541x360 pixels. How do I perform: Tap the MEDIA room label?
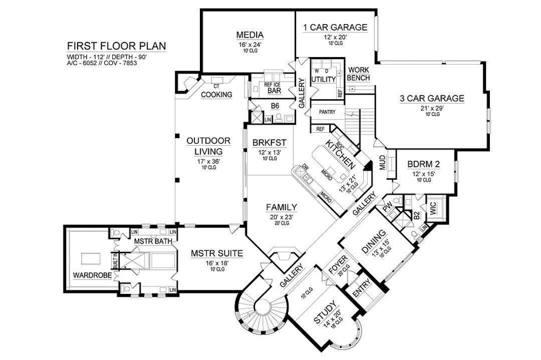tap(250, 35)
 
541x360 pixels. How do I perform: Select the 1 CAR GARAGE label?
tap(335, 28)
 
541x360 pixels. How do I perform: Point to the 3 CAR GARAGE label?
tap(432, 98)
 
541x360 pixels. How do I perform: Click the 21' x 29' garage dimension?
tap(432, 108)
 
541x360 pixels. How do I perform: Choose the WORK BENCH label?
tap(359, 74)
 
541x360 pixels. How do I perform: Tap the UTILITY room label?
tap(323, 80)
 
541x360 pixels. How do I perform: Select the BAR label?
tap(274, 91)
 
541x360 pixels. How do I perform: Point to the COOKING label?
tap(217, 94)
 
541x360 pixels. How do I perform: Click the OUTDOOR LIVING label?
tap(209, 146)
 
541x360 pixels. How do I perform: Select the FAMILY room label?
tap(282, 207)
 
